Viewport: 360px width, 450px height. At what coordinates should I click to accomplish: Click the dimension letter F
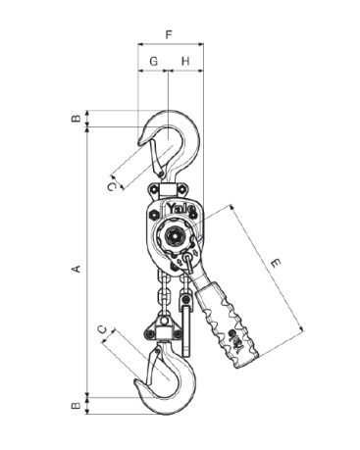pos(169,34)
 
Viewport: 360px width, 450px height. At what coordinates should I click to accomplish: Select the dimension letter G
pos(153,61)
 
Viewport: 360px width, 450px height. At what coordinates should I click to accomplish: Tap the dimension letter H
pos(185,61)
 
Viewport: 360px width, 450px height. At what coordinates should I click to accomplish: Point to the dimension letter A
pos(77,269)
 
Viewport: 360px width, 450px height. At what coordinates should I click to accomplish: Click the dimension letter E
pos(276,263)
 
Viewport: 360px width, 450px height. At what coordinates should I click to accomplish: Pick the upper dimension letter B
pos(76,118)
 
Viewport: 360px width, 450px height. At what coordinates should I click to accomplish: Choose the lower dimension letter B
pos(76,406)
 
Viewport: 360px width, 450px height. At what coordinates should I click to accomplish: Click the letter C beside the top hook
pos(111,186)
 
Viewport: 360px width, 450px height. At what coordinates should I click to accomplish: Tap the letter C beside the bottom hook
pos(103,329)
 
